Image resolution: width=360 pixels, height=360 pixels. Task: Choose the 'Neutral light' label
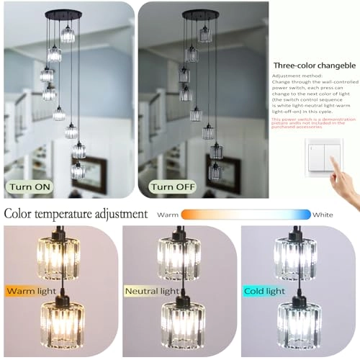pos(152,292)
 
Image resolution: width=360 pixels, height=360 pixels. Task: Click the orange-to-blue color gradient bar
pos(245,215)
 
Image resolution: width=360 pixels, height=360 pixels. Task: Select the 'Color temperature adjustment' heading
pos(76,214)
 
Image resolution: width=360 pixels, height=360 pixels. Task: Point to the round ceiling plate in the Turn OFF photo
pos(201,14)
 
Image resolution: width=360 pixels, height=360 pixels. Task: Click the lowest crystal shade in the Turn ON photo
pos(78,171)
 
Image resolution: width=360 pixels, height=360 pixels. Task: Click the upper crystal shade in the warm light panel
pos(60,258)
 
